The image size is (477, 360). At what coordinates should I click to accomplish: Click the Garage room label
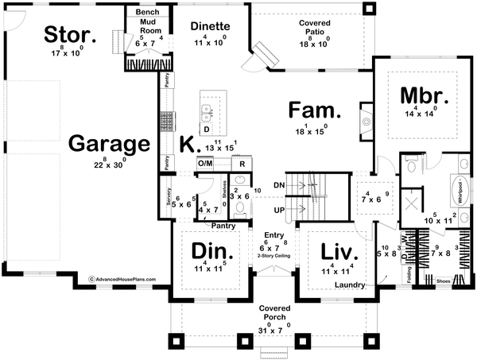(x=110, y=144)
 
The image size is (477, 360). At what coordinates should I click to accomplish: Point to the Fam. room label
(x=315, y=110)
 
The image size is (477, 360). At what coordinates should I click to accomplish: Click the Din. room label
(x=212, y=253)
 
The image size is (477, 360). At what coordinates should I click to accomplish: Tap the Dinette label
(x=211, y=25)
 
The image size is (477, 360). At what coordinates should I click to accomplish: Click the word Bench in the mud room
(x=147, y=14)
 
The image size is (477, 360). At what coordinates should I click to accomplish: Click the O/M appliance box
(x=205, y=163)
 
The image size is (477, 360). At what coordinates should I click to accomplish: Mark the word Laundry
(x=349, y=285)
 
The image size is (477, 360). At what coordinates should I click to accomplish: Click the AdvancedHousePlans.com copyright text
(x=122, y=280)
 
